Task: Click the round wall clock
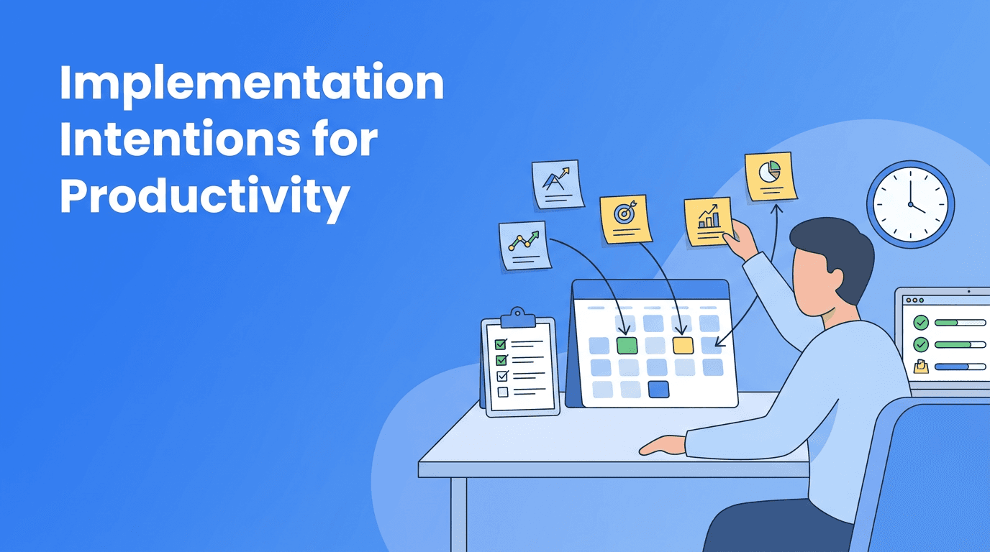910,204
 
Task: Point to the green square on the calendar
627,345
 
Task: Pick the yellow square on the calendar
683,345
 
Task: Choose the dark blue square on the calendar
658,389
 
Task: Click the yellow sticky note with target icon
625,218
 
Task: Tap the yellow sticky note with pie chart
770,175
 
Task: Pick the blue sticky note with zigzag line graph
524,245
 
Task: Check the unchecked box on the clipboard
502,392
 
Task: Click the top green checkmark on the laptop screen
920,323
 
